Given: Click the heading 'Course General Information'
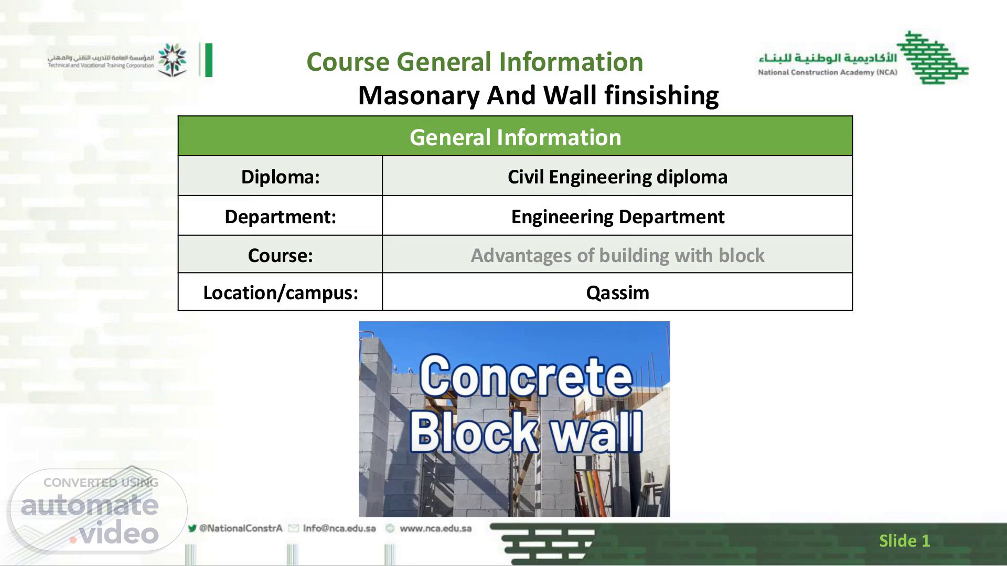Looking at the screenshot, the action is tap(475, 62).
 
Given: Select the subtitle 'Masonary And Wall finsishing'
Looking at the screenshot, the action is tap(538, 95).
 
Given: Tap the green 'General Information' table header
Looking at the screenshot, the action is tap(516, 137).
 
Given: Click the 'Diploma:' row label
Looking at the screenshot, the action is tap(280, 177).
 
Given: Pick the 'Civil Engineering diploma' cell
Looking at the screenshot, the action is tap(617, 177).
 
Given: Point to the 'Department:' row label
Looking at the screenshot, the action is tap(280, 216).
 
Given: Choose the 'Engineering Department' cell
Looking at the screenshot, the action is tap(617, 216).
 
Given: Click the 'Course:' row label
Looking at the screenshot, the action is tap(280, 255).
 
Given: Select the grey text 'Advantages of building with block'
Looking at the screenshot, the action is tap(617, 255).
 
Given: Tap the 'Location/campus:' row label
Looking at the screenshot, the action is tap(280, 292).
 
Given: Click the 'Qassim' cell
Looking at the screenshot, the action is tap(617, 292).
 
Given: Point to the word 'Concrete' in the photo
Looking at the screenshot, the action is tap(525, 376).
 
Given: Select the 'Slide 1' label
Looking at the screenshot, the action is tap(904, 540).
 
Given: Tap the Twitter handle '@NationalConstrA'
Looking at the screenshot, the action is tap(241, 528).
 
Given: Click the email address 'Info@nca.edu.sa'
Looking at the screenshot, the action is tap(339, 528).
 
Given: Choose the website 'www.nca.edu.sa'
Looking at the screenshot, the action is tap(435, 528).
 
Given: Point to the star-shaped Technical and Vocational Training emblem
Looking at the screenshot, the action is tap(172, 59).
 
